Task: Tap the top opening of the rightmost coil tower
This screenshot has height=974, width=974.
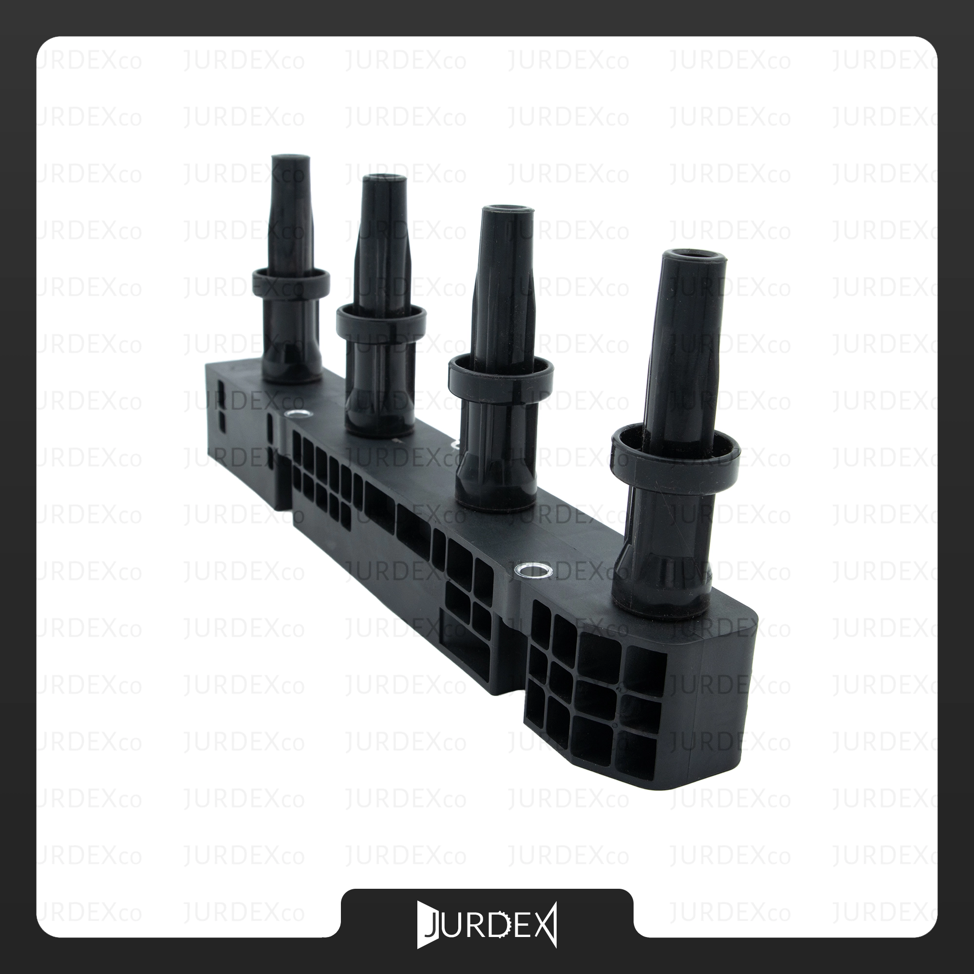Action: (695, 256)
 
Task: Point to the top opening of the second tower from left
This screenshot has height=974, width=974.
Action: (386, 178)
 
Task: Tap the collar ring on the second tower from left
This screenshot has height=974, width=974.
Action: (381, 319)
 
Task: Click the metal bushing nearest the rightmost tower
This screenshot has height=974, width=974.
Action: (533, 571)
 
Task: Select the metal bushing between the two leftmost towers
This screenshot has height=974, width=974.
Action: (297, 415)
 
